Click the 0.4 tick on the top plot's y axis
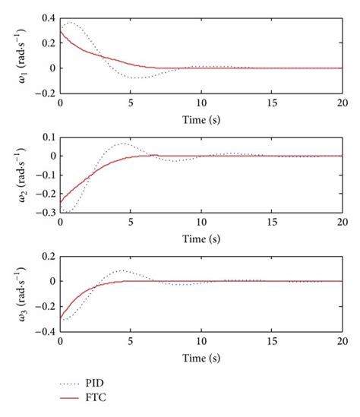tap(48, 17)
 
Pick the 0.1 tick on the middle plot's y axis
tap(48, 137)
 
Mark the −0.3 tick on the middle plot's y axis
tap(46, 212)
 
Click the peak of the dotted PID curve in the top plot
tap(71, 23)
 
